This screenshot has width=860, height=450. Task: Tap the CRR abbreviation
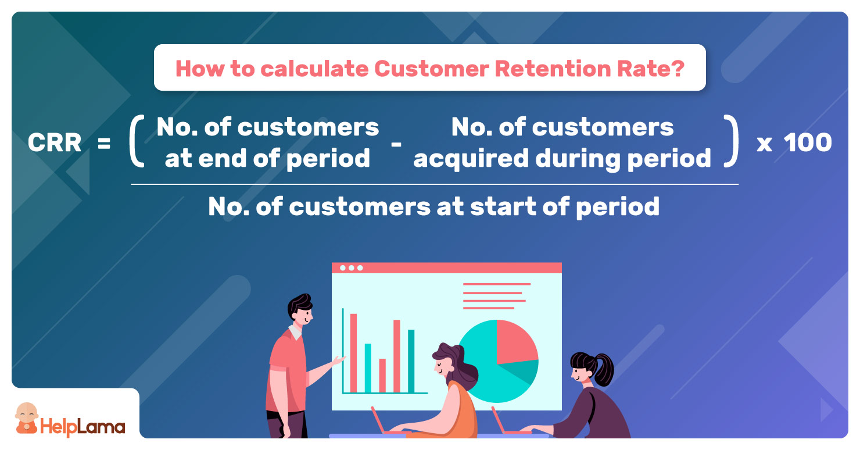[55, 142]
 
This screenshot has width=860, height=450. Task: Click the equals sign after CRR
[104, 144]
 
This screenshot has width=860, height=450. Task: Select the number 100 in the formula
[808, 142]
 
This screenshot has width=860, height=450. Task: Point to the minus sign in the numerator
[396, 145]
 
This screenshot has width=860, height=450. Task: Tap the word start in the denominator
[503, 206]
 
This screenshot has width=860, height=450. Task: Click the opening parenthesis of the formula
[137, 141]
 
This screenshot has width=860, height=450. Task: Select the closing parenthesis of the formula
[731, 141]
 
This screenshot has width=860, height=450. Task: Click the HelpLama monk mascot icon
[27, 418]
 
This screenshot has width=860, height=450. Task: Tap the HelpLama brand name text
[83, 427]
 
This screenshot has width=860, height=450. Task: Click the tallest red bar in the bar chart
[354, 353]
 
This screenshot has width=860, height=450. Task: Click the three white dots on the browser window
[352, 268]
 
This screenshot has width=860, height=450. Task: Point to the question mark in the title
[678, 69]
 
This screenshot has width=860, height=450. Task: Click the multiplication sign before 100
[764, 145]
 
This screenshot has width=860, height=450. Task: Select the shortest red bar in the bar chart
[382, 376]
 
